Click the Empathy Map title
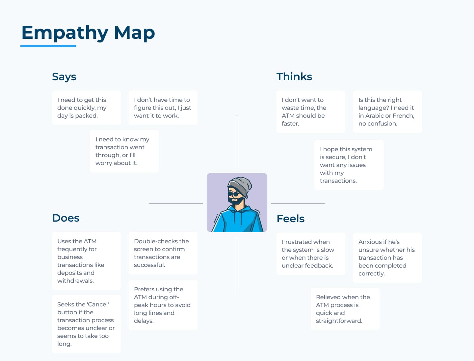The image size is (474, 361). tap(88, 33)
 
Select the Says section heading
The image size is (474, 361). tap(64, 77)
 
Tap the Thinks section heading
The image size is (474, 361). tap(294, 77)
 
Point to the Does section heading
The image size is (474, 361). tap(66, 218)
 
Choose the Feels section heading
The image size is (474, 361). tap(290, 219)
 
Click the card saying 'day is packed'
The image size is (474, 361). tap(86, 108)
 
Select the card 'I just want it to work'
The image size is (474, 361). tap(163, 108)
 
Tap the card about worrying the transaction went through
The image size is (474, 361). tap(124, 151)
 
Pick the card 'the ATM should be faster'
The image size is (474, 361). tap(311, 112)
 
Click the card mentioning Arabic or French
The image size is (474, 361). tap(387, 112)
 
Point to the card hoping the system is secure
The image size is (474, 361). tap(349, 165)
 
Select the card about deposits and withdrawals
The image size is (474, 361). tap(86, 261)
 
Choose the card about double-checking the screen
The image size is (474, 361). tap(163, 253)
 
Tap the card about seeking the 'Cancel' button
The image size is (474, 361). tap(86, 324)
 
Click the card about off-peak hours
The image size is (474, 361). tap(163, 305)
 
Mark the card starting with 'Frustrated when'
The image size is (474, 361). tap(311, 254)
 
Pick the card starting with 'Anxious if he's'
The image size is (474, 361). tap(387, 258)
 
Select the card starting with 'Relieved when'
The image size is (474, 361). tap(345, 309)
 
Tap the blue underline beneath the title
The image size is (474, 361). tap(48, 46)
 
